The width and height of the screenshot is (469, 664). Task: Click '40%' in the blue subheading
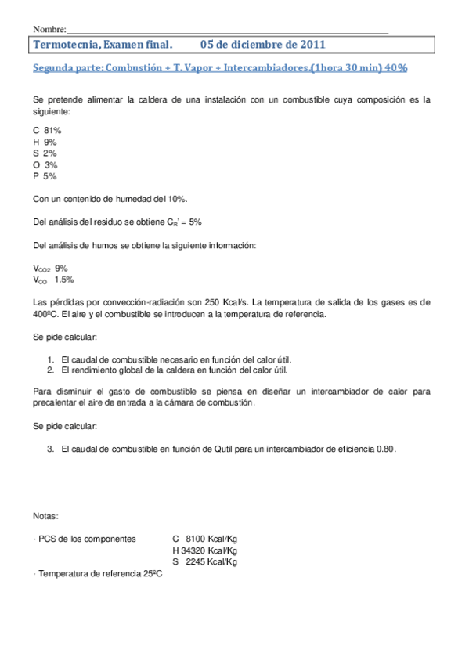click(x=395, y=68)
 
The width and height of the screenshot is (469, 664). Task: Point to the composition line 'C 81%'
click(x=48, y=130)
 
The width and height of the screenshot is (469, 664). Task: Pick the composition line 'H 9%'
click(x=45, y=142)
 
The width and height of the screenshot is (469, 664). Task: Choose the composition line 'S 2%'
click(x=45, y=153)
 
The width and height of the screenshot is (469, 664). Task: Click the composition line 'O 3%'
click(x=45, y=165)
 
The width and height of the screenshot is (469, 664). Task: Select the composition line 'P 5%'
click(x=45, y=177)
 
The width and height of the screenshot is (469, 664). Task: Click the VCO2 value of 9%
click(x=61, y=268)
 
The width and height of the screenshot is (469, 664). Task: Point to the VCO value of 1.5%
click(x=64, y=280)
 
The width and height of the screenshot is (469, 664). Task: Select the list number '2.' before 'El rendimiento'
click(x=50, y=370)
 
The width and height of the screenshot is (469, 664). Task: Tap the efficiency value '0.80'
click(x=387, y=449)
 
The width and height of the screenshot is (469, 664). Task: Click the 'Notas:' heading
click(x=46, y=516)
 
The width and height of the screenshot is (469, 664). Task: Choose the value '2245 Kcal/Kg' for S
click(x=211, y=562)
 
